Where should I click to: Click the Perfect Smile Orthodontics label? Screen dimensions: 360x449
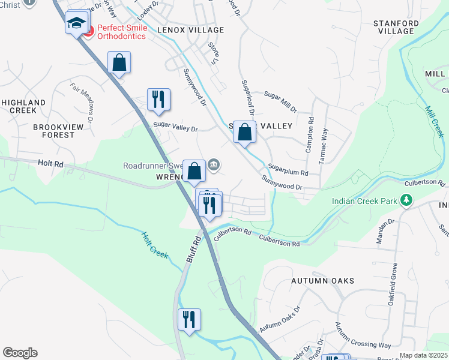click(121, 32)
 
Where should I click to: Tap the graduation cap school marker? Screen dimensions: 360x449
click(76, 23)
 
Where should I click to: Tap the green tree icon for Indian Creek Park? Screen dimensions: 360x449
click(406, 200)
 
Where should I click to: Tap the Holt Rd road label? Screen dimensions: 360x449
click(50, 163)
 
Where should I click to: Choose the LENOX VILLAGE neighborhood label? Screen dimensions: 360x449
click(190, 30)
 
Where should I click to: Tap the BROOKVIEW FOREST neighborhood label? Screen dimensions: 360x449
click(53, 131)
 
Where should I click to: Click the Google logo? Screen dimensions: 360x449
click(20, 353)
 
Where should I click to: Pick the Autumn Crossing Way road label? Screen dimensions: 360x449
click(363, 336)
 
